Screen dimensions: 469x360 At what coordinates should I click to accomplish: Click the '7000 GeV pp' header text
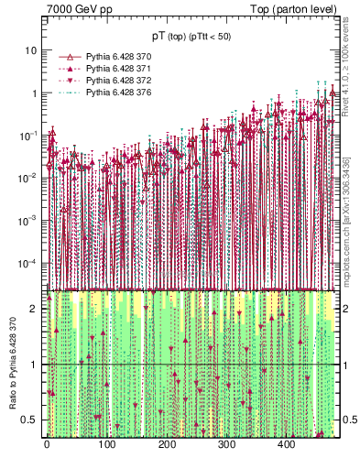[x=80, y=10]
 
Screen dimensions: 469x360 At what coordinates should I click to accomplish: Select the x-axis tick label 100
[x=106, y=444]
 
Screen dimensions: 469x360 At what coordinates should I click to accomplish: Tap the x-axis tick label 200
[x=166, y=444]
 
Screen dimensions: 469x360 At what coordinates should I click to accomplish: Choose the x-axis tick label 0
[x=47, y=444]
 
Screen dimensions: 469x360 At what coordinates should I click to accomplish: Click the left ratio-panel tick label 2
[x=36, y=309]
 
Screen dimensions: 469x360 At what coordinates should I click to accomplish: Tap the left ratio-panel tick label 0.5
[x=32, y=420]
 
